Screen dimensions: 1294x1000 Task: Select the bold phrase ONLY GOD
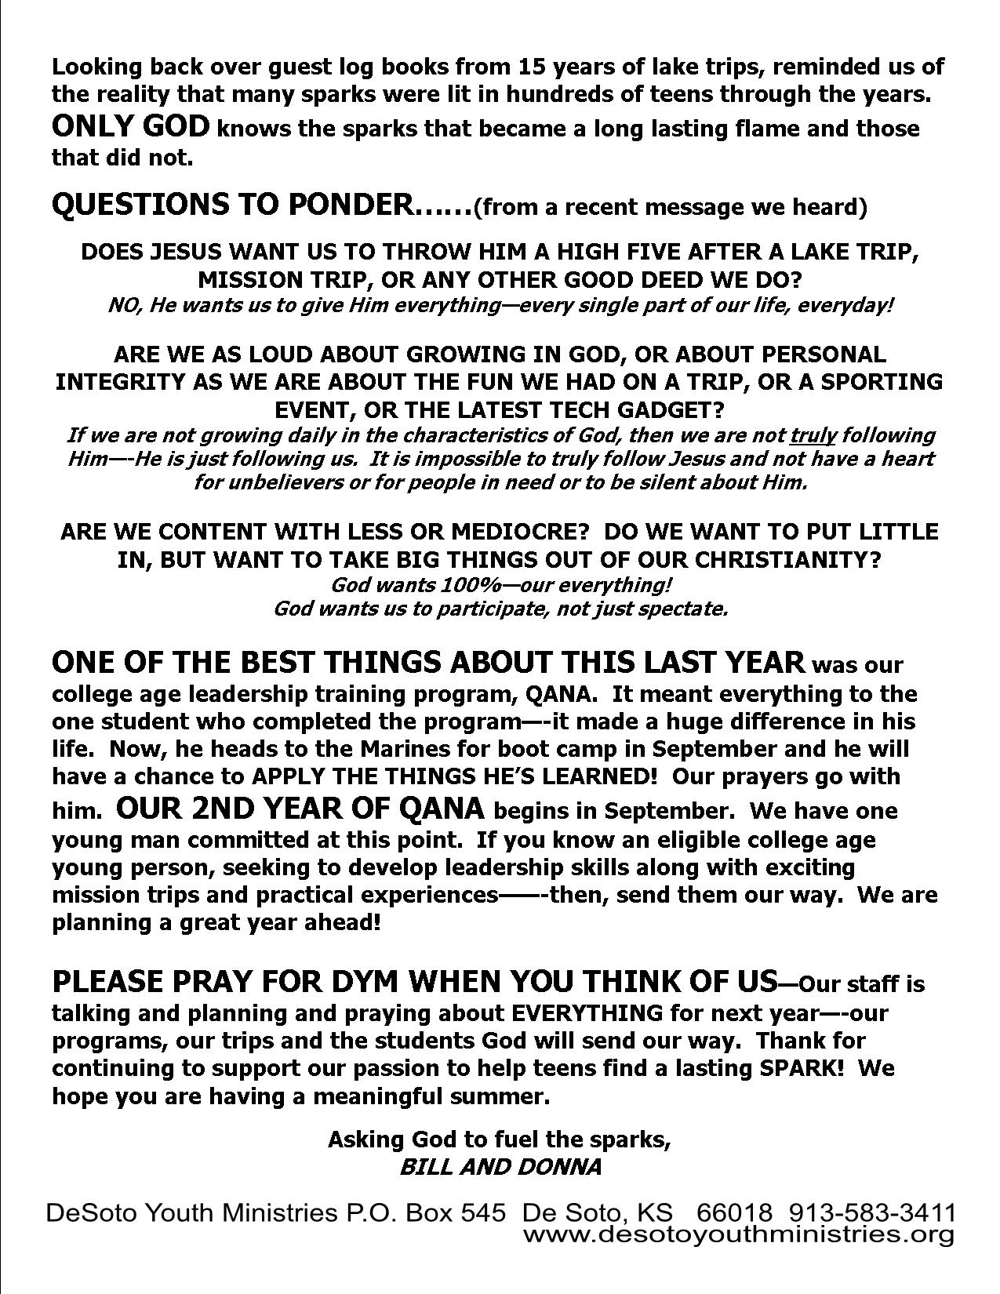click(130, 127)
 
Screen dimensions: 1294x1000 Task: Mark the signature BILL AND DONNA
click(500, 1166)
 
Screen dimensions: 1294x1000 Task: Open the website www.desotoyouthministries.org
click(738, 1235)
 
